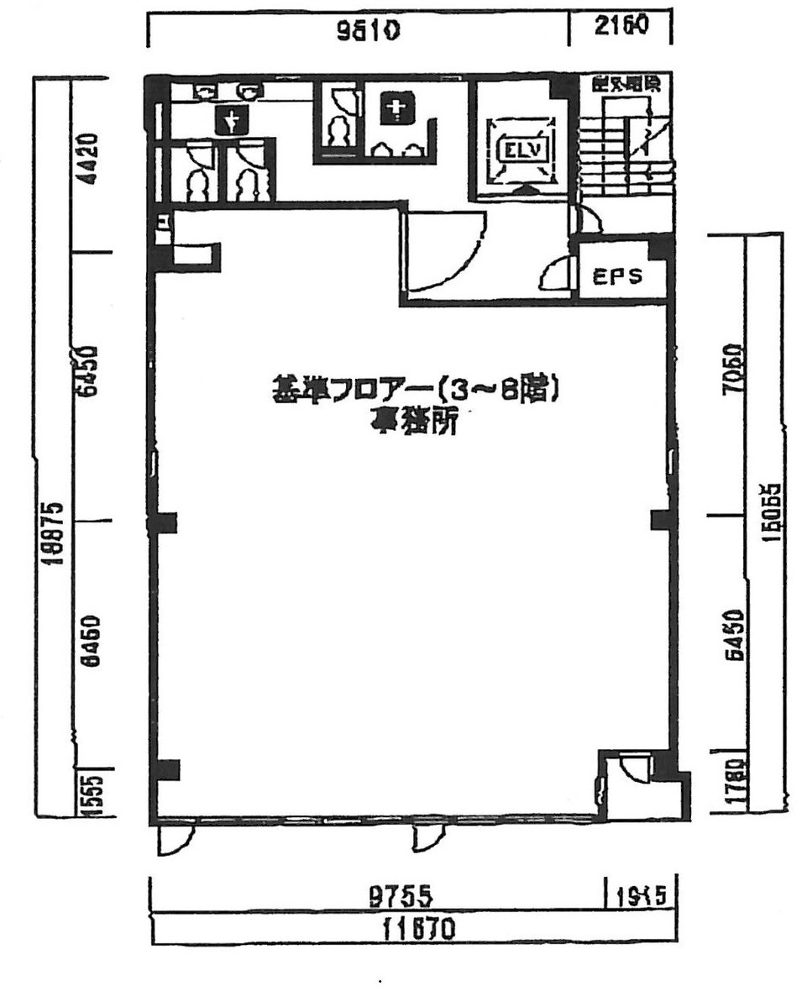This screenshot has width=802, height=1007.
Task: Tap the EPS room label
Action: tap(617, 276)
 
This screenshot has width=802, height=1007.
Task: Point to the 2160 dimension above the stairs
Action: tap(621, 26)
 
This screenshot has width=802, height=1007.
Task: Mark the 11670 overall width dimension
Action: tap(417, 929)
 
